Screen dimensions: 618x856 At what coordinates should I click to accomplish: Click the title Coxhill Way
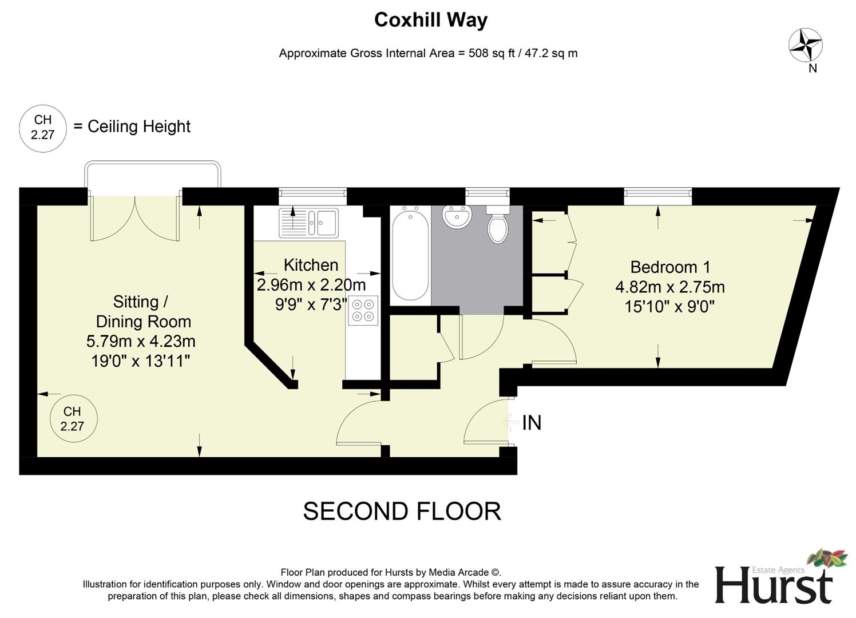pyautogui.click(x=430, y=20)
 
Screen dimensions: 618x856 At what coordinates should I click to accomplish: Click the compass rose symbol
pyautogui.click(x=806, y=46)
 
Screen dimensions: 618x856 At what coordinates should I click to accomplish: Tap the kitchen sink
pyautogui.click(x=309, y=223)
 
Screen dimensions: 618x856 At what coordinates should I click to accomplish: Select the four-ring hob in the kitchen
pyautogui.click(x=363, y=310)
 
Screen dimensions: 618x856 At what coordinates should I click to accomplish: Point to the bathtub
pyautogui.click(x=410, y=254)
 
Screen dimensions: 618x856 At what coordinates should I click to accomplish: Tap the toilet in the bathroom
pyautogui.click(x=498, y=225)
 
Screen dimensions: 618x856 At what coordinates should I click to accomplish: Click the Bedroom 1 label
pyautogui.click(x=670, y=267)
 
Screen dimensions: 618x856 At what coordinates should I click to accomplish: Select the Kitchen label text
pyautogui.click(x=311, y=265)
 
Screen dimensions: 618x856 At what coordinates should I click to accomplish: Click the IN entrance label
pyautogui.click(x=532, y=423)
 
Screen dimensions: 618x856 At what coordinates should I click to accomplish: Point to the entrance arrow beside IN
pyautogui.click(x=509, y=423)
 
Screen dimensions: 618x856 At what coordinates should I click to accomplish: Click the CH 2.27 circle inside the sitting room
pyautogui.click(x=73, y=419)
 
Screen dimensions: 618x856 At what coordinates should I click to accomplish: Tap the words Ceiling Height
pyautogui.click(x=139, y=126)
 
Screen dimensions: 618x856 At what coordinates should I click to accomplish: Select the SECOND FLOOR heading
pyautogui.click(x=402, y=511)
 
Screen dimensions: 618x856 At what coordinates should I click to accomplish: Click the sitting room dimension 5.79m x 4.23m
pyautogui.click(x=141, y=342)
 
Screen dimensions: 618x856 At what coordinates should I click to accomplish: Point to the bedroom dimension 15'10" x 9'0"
pyautogui.click(x=669, y=307)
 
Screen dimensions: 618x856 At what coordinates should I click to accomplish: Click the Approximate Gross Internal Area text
pyautogui.click(x=428, y=53)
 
